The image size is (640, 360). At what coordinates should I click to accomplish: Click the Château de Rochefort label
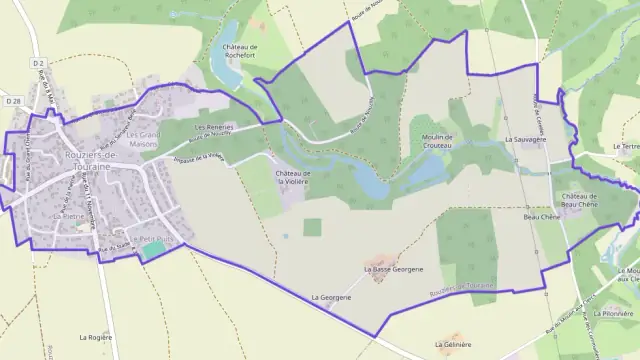pyautogui.click(x=240, y=51)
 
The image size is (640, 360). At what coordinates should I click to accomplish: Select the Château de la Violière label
pyautogui.click(x=293, y=177)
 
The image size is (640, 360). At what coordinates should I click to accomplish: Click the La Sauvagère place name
pyautogui.click(x=525, y=141)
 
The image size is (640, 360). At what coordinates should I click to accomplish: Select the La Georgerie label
pyautogui.click(x=331, y=298)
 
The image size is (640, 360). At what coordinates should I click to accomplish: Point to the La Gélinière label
pyautogui.click(x=453, y=344)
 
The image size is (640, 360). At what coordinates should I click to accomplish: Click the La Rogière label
pyautogui.click(x=95, y=338)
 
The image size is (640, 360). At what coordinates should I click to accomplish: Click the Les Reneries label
pyautogui.click(x=213, y=128)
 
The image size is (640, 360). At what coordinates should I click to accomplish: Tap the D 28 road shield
pyautogui.click(x=12, y=101)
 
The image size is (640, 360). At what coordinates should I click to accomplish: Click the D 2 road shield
pyautogui.click(x=39, y=63)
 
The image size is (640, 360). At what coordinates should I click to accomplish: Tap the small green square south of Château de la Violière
pyautogui.click(x=313, y=227)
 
